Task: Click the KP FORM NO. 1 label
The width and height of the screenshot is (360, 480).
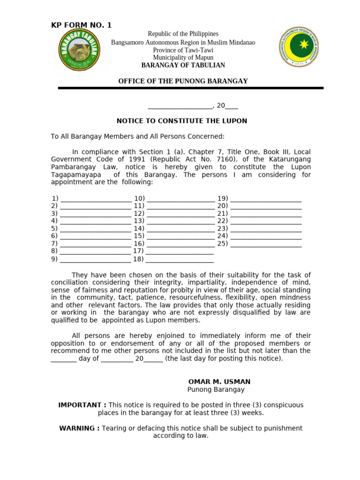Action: (81, 25)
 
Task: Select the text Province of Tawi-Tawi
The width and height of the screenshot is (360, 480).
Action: (183, 50)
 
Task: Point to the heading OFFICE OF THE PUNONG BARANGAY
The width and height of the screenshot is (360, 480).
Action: (183, 81)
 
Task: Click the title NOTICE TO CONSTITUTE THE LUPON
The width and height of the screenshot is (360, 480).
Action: (182, 121)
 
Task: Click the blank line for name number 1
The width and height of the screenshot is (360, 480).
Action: (96, 199)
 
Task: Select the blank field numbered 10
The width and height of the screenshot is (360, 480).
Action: (180, 199)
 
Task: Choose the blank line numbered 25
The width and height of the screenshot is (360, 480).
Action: (266, 244)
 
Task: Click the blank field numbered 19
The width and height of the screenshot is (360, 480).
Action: (266, 199)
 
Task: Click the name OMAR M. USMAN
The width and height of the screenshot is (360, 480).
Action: (219, 382)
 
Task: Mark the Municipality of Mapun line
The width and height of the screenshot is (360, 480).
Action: (183, 58)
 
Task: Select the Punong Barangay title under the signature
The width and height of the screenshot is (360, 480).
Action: (216, 390)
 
